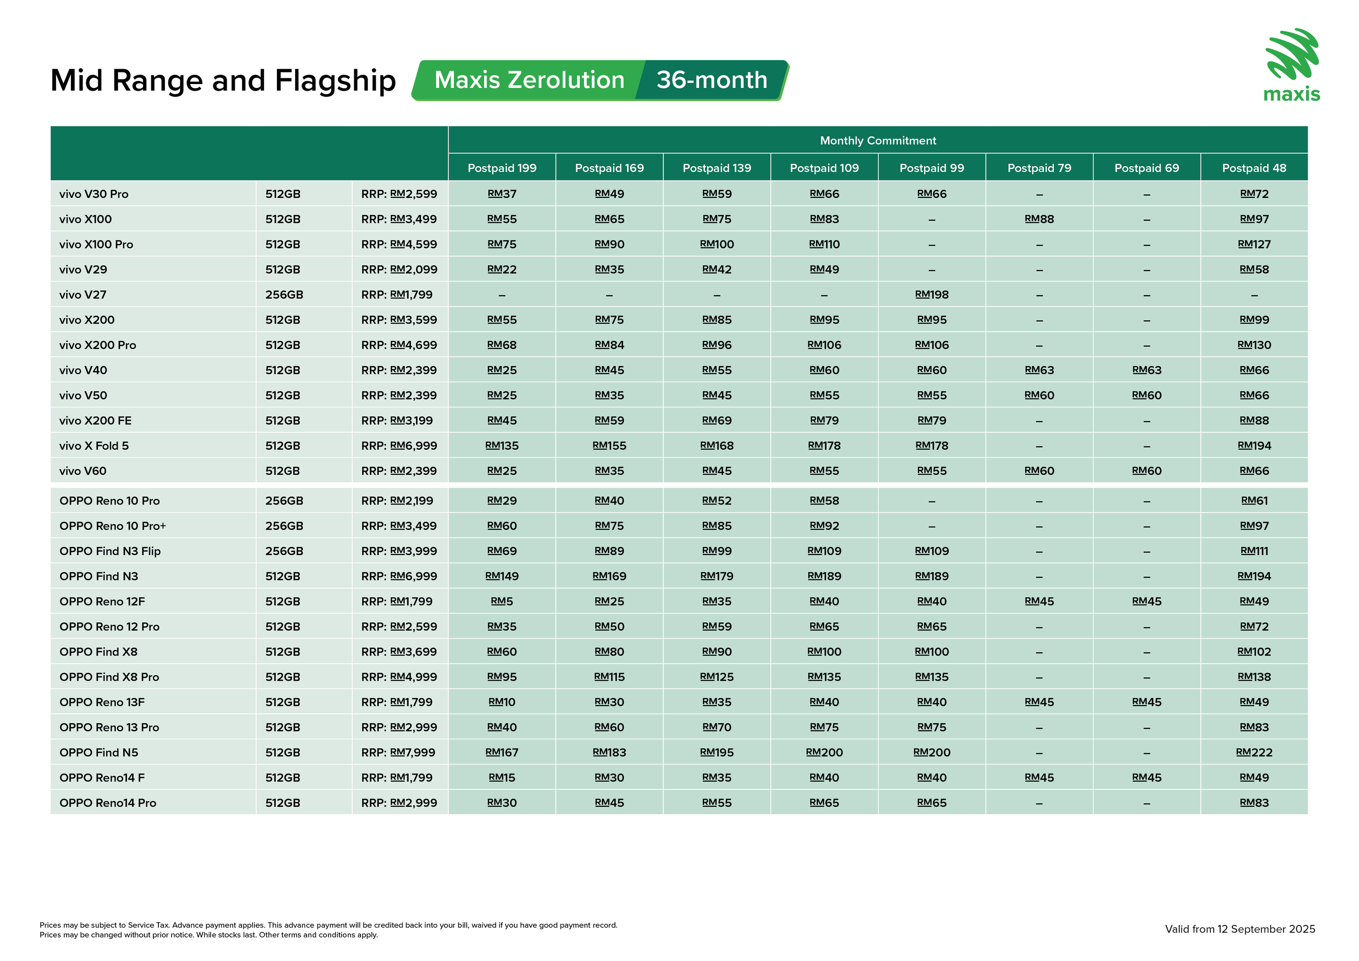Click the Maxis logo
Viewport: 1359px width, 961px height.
(1291, 65)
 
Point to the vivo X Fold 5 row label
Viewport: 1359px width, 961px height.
(94, 445)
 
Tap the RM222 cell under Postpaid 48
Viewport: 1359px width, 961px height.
(1254, 752)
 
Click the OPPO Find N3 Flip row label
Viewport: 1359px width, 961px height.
(110, 551)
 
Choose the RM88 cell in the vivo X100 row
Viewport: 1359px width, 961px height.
(1039, 219)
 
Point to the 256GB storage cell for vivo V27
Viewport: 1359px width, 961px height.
(284, 295)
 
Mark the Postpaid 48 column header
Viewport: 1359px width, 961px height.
(1254, 168)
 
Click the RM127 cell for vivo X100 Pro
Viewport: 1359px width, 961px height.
(1254, 245)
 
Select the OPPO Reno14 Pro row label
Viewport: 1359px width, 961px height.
(108, 803)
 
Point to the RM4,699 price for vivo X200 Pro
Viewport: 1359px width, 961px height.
(413, 345)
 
